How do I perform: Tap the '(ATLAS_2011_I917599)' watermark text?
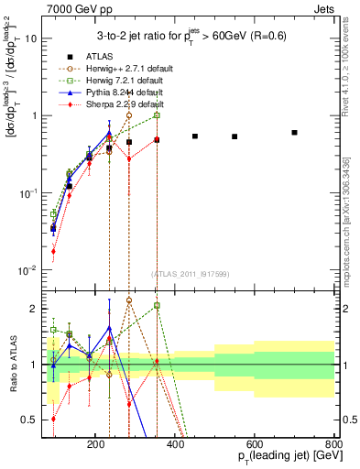tap(190, 275)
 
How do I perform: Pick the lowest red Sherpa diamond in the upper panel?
tap(53, 251)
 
